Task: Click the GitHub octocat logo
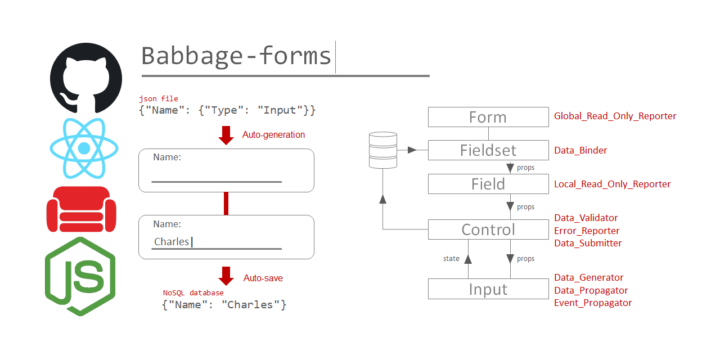85,77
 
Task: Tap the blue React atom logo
84,148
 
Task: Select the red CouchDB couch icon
81,209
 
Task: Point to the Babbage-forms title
236,56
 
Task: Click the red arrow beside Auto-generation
226,136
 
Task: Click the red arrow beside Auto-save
226,276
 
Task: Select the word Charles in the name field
172,242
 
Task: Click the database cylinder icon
382,150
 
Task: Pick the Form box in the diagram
488,117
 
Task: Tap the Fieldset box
488,150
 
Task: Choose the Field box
488,184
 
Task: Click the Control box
488,229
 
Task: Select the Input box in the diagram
488,289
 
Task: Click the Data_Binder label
580,150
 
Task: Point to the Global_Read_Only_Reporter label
615,116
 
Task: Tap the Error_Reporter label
587,231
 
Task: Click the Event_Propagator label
593,303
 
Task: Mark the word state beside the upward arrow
451,259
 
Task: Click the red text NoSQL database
193,293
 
